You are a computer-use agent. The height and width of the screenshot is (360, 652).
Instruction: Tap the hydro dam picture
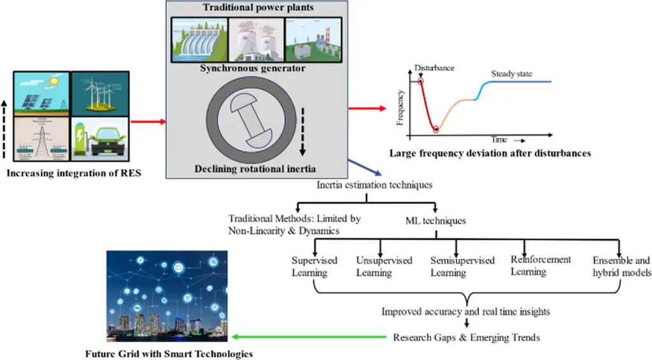pos(199,39)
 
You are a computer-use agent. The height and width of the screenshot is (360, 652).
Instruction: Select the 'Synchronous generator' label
pos(255,69)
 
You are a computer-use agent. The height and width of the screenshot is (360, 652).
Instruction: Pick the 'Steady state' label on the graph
pos(511,74)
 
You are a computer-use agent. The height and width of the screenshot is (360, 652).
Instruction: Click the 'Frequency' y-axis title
pos(400,106)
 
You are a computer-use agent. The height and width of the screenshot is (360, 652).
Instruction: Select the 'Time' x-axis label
pos(499,139)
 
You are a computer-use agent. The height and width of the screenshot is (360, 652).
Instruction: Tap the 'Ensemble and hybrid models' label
pos(621,266)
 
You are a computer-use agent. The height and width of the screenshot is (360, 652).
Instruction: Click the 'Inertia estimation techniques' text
pos(375,185)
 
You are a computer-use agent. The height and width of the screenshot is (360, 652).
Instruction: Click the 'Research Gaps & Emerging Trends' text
pos(466,337)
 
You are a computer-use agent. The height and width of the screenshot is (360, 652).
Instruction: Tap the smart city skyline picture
pos(164,296)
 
